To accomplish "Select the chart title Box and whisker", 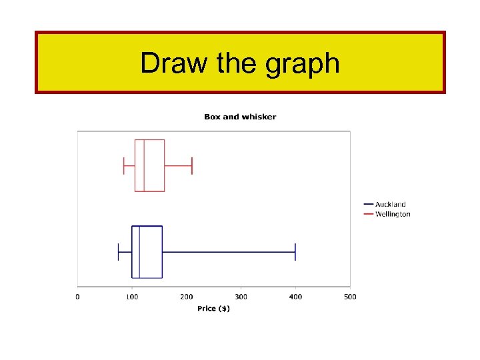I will click(240, 117).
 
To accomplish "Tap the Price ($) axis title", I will click(213, 308).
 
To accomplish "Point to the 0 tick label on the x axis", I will click(77, 297).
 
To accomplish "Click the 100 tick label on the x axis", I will click(132, 297).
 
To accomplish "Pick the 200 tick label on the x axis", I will click(187, 297).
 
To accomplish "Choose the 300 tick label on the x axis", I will click(241, 297).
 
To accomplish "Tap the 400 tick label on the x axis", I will click(295, 297).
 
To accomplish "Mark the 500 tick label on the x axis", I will click(350, 297).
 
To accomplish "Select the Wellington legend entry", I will click(393, 214).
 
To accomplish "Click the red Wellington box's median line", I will click(144, 165).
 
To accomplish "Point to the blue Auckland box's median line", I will click(139, 252).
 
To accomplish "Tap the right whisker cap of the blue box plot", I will click(295, 252).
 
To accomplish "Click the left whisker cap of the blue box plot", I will click(119, 252).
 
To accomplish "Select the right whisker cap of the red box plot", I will click(192, 165).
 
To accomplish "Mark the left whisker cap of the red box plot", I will click(124, 165).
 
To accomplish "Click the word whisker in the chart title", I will click(259, 117).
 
